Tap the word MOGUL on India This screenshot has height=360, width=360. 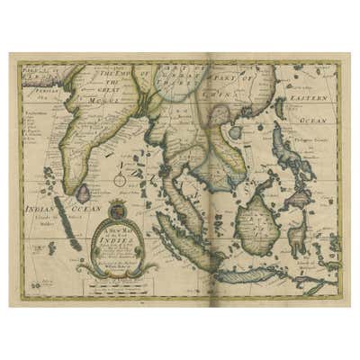[x=106, y=99]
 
